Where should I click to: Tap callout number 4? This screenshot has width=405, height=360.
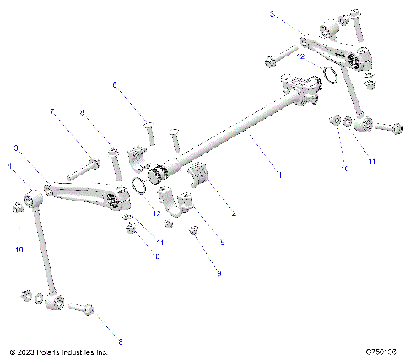tap(10, 168)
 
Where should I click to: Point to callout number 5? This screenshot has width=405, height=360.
tap(221, 243)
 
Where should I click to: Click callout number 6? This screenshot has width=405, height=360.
tap(116, 84)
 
